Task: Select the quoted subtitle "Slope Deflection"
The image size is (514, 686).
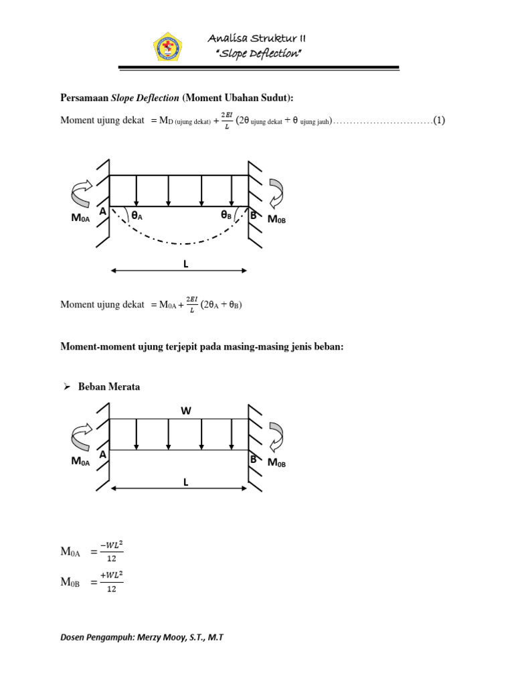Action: (258, 54)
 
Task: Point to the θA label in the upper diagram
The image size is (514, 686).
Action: (137, 216)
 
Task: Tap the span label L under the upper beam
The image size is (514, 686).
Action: (186, 264)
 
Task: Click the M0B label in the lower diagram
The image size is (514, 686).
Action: (277, 463)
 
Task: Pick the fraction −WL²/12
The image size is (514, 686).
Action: (112, 552)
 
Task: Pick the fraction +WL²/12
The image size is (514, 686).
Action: (112, 582)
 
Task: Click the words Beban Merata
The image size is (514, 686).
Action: (109, 387)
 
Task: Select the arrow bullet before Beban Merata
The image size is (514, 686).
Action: (66, 387)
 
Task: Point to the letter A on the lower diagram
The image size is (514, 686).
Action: (102, 455)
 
